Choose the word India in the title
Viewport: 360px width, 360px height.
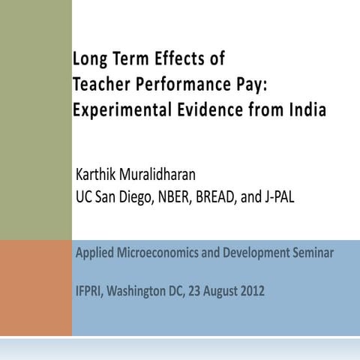[307, 109]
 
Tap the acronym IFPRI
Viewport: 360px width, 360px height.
[92, 289]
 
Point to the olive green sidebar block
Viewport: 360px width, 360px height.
[36, 120]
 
